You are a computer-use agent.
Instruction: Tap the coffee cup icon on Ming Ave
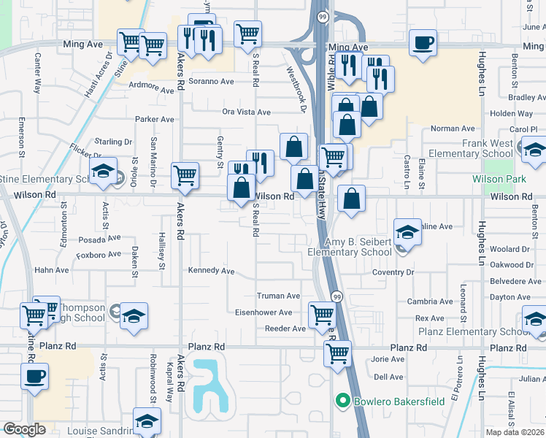[x=422, y=42]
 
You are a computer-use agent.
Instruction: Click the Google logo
[x=24, y=429]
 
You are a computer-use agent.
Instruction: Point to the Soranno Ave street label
[x=212, y=81]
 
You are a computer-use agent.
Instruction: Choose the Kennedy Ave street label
[x=211, y=271]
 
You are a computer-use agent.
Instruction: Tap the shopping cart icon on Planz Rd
[x=337, y=353]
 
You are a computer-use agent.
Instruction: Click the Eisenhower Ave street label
[x=264, y=312]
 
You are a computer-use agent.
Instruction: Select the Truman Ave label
[x=278, y=296]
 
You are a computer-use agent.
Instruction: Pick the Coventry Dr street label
[x=393, y=272]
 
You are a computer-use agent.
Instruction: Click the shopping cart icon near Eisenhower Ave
[x=321, y=315]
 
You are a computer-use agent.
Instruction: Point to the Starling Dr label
[x=113, y=142]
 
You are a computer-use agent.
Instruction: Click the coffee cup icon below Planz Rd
[x=34, y=377]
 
